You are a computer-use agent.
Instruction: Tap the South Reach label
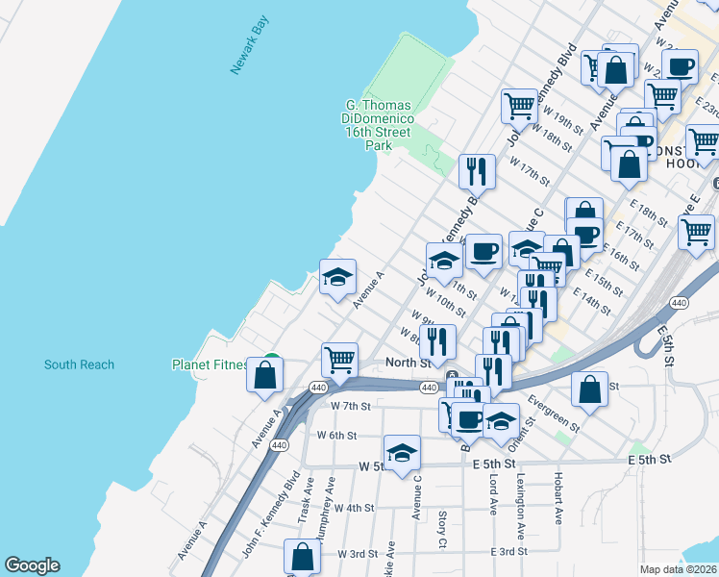pyautogui.click(x=79, y=364)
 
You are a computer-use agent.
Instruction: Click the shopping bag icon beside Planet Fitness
pyautogui.click(x=264, y=375)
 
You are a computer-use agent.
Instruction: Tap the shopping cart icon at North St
pyautogui.click(x=340, y=360)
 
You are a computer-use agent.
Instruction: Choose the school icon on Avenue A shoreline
pyautogui.click(x=337, y=277)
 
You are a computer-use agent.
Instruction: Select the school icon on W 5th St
pyautogui.click(x=402, y=452)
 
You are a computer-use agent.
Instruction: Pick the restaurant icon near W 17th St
pyautogui.click(x=477, y=171)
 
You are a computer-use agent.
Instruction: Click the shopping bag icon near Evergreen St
pyautogui.click(x=589, y=389)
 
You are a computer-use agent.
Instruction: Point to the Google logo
pyautogui.click(x=32, y=565)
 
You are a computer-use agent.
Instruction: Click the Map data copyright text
pyautogui.click(x=679, y=569)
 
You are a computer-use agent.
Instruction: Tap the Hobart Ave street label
pyautogui.click(x=558, y=497)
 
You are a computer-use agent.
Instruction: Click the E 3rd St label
pyautogui.click(x=508, y=551)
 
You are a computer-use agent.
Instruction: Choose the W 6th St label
pyautogui.click(x=337, y=436)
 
